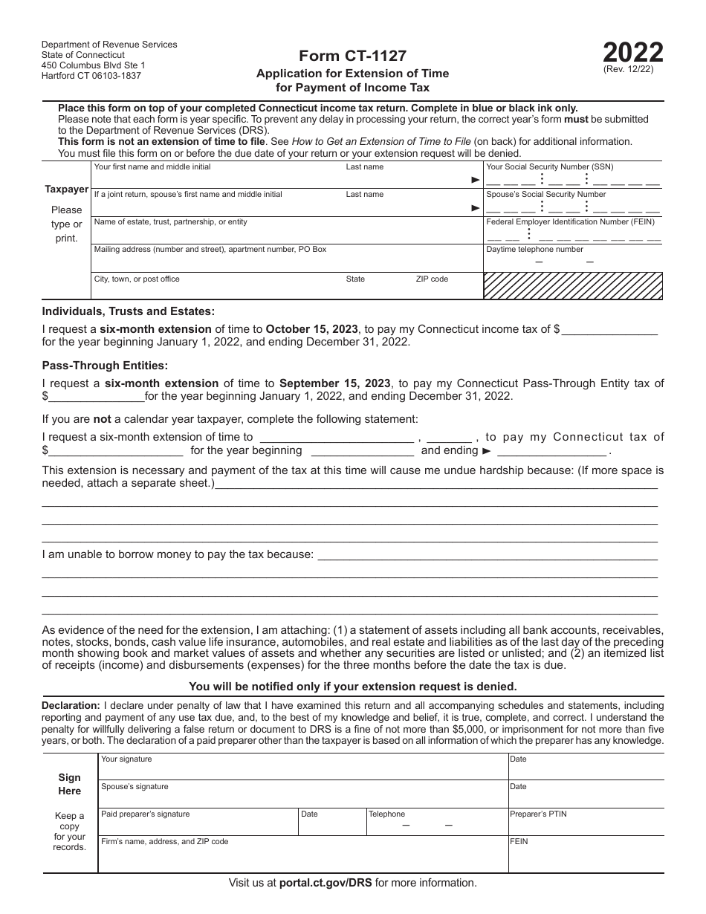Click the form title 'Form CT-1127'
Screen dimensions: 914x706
tap(352, 55)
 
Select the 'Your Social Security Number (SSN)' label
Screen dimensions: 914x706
tap(549, 167)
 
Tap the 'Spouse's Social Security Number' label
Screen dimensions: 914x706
tap(545, 195)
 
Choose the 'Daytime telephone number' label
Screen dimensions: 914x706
tap(534, 250)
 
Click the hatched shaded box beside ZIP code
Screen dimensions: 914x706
tap(573, 285)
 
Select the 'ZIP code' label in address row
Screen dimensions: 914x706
tap(432, 279)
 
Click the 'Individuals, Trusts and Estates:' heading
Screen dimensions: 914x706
tap(129, 311)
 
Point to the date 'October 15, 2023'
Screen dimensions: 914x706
tap(312, 328)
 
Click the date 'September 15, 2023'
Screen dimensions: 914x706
tap(334, 383)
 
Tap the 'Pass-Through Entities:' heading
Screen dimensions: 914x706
tap(105, 365)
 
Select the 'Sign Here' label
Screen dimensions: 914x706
tap(70, 784)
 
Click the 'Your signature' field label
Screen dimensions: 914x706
tap(126, 759)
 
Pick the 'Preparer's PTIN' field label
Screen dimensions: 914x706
tap(537, 814)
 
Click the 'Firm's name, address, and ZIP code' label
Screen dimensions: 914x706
tap(164, 842)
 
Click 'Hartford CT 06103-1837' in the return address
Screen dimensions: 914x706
tap(91, 76)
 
